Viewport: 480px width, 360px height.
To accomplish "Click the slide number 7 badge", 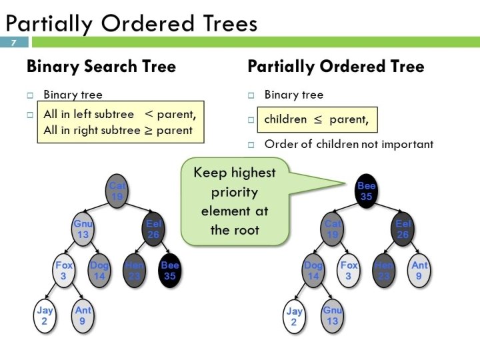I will coord(14,43).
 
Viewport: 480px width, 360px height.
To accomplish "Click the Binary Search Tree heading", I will coord(101,67).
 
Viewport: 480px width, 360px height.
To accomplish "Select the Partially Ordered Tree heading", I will coord(335,67).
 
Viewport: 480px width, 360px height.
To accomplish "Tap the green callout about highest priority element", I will coord(234,201).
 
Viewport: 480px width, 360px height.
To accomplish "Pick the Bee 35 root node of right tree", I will coord(366,192).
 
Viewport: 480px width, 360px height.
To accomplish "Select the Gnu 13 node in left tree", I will coord(83,229).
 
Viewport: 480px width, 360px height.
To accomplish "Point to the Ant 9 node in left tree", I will coord(83,315).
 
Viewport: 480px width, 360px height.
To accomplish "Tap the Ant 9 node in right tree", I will coord(419,270).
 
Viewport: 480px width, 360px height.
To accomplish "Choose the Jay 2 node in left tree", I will coord(45,315).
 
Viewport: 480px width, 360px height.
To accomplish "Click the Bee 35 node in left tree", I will coord(170,270).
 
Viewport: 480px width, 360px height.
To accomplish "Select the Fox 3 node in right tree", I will coord(349,270).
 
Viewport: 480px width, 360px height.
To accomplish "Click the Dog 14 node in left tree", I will coord(99,270).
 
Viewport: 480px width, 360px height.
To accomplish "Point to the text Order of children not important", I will coord(348,144).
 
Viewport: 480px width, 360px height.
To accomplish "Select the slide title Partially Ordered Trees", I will coord(131,24).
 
